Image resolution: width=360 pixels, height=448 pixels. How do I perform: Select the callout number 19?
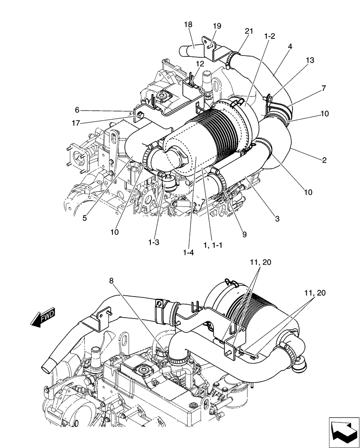(x=217, y=26)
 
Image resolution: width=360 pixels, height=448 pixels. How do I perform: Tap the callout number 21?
(x=249, y=30)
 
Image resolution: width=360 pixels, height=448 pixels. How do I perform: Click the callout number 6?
(x=77, y=109)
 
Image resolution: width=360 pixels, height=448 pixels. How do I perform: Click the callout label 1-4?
(x=189, y=253)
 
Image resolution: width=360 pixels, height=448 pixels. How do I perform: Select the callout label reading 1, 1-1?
(x=213, y=246)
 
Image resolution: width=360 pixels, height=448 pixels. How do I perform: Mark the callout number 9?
(x=244, y=233)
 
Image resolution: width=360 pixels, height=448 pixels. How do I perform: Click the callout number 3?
(x=277, y=219)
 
